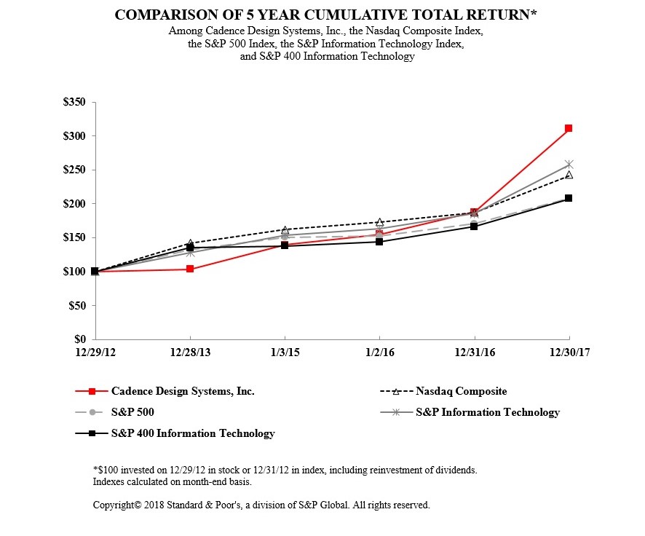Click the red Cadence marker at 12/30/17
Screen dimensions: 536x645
569,128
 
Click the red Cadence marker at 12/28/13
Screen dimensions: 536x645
190,269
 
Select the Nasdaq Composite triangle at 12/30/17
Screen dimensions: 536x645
569,175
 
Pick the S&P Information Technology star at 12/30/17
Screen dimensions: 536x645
569,165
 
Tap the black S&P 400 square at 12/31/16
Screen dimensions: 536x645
474,226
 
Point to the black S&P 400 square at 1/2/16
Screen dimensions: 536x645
379,242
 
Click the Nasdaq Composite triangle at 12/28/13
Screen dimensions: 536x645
190,243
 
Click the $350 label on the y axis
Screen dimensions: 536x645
74,103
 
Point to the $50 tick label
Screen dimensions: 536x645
76,306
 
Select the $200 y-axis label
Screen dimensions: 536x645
74,204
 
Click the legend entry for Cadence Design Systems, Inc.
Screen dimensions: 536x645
182,391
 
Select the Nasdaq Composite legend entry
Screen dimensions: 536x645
461,391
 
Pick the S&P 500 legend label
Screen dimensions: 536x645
132,412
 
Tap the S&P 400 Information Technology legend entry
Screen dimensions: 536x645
192,433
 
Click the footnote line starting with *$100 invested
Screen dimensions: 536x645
285,470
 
